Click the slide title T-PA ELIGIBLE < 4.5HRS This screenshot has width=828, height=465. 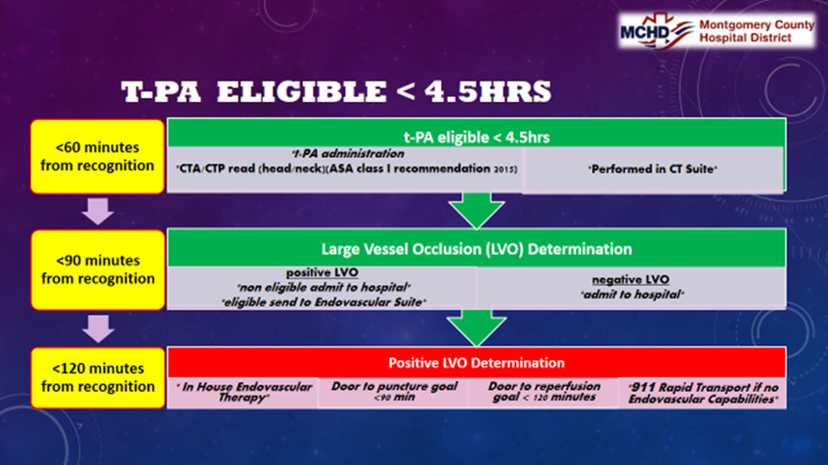pyautogui.click(x=336, y=91)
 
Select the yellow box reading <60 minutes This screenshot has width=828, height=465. pyautogui.click(x=97, y=156)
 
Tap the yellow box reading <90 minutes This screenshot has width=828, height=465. pyautogui.click(x=97, y=270)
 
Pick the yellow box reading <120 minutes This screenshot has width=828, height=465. pyautogui.click(x=97, y=377)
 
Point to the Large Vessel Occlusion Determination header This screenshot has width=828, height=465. pyautogui.click(x=477, y=248)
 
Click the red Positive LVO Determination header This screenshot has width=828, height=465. pyautogui.click(x=477, y=363)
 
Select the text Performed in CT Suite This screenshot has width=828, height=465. pyautogui.click(x=653, y=169)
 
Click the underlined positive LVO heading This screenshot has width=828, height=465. pyautogui.click(x=323, y=272)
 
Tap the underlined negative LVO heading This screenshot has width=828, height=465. pyautogui.click(x=631, y=280)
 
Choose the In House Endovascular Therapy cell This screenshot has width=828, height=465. pyautogui.click(x=243, y=393)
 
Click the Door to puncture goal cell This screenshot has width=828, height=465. pyautogui.click(x=394, y=393)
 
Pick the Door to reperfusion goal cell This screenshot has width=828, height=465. pyautogui.click(x=544, y=393)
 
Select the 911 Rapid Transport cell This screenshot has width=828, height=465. pyautogui.click(x=702, y=393)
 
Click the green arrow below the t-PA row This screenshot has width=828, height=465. pyautogui.click(x=477, y=210)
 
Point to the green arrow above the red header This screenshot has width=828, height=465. pyautogui.click(x=477, y=327)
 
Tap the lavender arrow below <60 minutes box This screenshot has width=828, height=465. pyautogui.click(x=97, y=211)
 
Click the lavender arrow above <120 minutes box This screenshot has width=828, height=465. pyautogui.click(x=98, y=328)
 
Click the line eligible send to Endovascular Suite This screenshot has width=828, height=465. pyautogui.click(x=323, y=302)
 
